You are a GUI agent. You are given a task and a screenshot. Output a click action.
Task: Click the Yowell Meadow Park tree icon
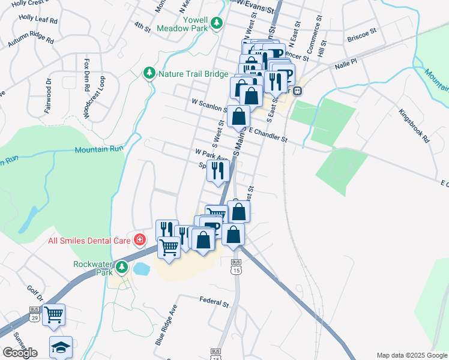pos(217,23)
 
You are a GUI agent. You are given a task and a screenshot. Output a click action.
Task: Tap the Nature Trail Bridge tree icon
pos(149,73)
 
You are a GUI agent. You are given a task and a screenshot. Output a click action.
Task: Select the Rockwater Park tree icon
pos(122,266)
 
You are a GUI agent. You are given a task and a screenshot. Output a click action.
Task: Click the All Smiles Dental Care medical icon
pos(140,240)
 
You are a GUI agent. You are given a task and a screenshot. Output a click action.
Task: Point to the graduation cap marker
pos(61,347)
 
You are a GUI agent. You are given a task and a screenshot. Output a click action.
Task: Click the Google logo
pos(20,353)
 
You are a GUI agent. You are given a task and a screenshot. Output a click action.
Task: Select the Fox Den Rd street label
pos(87,74)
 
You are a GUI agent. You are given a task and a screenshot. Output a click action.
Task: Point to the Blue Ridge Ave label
pos(166,328)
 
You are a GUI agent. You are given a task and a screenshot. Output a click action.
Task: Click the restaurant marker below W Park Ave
pos(218,170)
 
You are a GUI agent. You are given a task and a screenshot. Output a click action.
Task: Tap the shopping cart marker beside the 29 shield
pos(54,314)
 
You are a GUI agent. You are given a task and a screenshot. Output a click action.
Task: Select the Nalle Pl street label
pos(346,62)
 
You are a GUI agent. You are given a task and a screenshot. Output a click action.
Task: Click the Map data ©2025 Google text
pos(412,355)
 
